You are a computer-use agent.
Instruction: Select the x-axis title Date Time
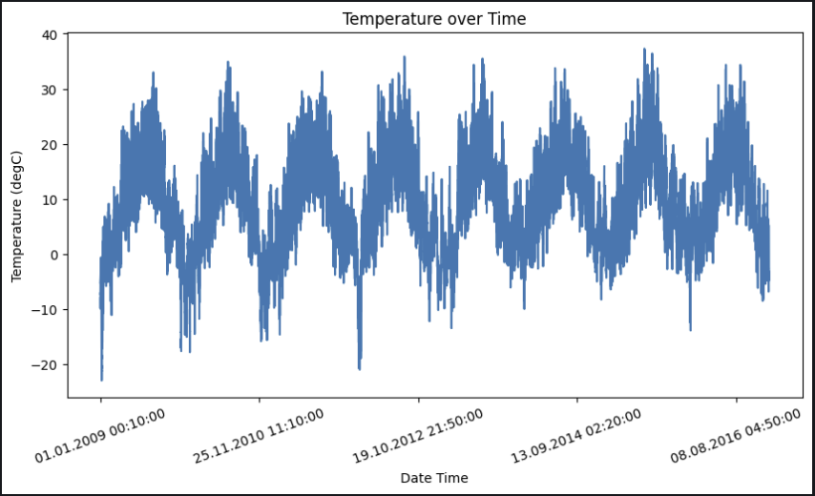[x=434, y=477]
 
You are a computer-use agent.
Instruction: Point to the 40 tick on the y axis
[x=50, y=34]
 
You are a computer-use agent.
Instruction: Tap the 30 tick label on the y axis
[x=50, y=90]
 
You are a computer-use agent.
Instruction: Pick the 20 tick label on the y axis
[x=50, y=144]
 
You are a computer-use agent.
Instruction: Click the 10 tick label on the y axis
[x=50, y=199]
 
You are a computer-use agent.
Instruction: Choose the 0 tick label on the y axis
[x=53, y=255]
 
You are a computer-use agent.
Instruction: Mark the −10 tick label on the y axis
[x=46, y=310]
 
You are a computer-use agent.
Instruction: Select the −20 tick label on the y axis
[x=46, y=364]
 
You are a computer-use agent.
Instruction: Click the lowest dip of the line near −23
[x=101, y=380]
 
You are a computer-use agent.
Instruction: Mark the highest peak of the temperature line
[x=644, y=49]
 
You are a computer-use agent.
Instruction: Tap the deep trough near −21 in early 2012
[x=360, y=368]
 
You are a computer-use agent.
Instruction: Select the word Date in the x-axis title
[x=417, y=477]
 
